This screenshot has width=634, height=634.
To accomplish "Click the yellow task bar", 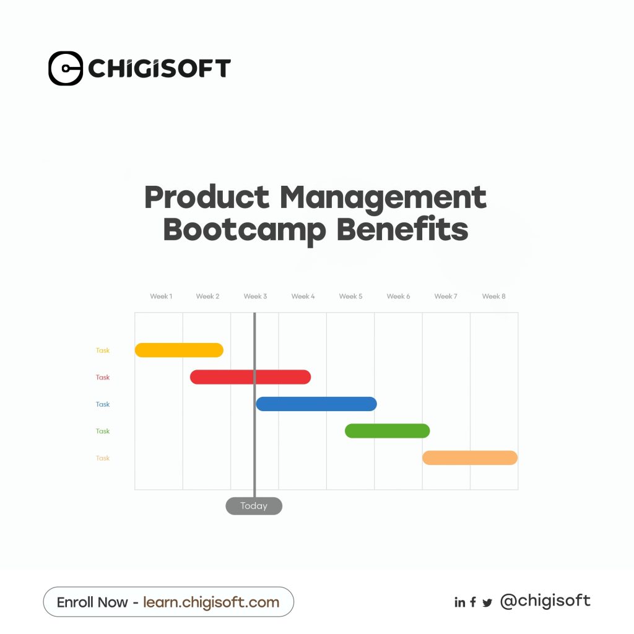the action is (x=179, y=350).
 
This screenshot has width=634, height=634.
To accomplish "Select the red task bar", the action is (x=250, y=377).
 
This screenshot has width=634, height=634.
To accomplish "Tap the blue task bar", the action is (x=316, y=404).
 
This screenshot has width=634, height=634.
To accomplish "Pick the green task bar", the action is (x=388, y=431).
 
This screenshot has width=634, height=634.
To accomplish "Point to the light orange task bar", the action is (x=470, y=458).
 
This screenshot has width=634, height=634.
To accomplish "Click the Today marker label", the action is (x=254, y=506).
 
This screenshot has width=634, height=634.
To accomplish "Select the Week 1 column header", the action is (x=161, y=297).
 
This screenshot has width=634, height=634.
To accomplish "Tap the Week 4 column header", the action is (x=303, y=297).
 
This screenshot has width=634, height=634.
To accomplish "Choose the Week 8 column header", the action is (x=493, y=297).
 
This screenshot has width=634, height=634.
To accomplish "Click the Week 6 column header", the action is (x=398, y=297).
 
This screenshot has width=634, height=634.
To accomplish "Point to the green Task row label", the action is (x=103, y=431).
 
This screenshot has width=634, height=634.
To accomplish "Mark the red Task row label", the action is (x=103, y=377).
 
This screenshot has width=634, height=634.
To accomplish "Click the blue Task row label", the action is (x=103, y=404).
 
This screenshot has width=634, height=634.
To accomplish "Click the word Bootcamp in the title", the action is (x=245, y=230).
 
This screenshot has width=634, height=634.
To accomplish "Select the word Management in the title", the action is (x=383, y=198).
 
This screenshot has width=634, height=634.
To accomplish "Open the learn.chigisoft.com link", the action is (x=211, y=602).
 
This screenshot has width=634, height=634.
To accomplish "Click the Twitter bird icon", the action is (x=487, y=603).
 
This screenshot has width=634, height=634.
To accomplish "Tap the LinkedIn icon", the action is (x=460, y=602).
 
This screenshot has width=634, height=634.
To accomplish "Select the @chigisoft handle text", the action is (x=545, y=601).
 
